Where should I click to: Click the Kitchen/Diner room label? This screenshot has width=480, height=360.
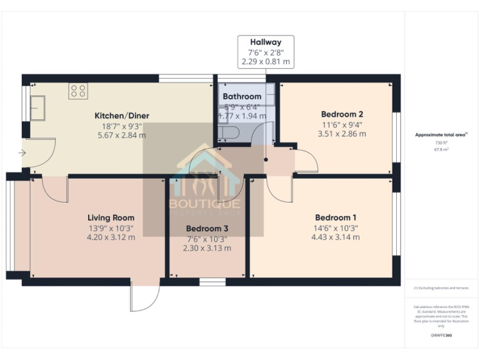point(122,116)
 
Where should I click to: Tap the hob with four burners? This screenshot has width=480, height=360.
point(79,91)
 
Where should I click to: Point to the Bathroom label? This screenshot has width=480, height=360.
point(242,96)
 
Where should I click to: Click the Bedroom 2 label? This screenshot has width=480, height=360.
point(342,114)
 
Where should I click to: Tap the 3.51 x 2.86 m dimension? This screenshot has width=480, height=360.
point(342,134)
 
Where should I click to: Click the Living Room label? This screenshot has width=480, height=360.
point(111,217)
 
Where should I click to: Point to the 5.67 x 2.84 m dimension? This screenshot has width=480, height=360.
point(122,134)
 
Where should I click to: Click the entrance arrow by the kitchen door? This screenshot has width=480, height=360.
point(22,152)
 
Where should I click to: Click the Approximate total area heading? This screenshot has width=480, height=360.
point(441,135)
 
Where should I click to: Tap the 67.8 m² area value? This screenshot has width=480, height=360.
point(441,149)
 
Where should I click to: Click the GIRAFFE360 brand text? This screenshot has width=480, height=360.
point(441,336)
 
